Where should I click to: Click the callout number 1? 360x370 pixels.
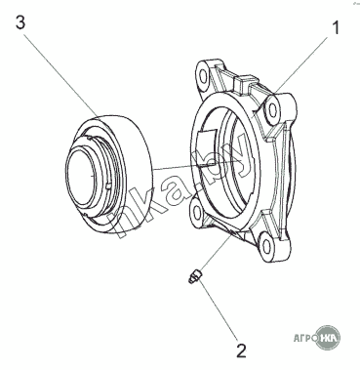click(336, 27)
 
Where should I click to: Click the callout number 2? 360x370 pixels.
click(241, 350)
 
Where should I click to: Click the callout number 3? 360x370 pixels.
click(20, 22)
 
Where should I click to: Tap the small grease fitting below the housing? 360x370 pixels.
click(195, 277)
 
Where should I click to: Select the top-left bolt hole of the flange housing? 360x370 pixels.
click(203, 77)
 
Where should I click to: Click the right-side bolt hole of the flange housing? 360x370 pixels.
click(272, 110)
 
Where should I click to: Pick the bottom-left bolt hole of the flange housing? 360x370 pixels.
click(196, 212)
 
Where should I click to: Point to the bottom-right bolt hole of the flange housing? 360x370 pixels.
click(266, 246)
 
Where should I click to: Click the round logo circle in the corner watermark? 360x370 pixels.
click(328, 338)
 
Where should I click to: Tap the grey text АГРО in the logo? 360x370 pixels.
click(304, 338)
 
